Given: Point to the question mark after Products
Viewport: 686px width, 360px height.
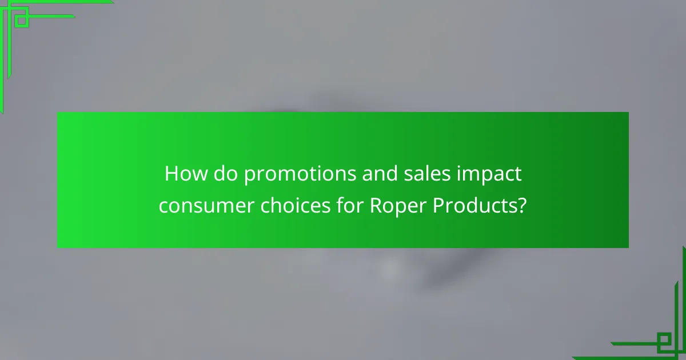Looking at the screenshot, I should [x=521, y=205].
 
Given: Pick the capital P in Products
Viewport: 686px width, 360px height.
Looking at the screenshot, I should [x=438, y=205].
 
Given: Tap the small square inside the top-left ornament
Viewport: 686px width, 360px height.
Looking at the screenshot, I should [x=22, y=21].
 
